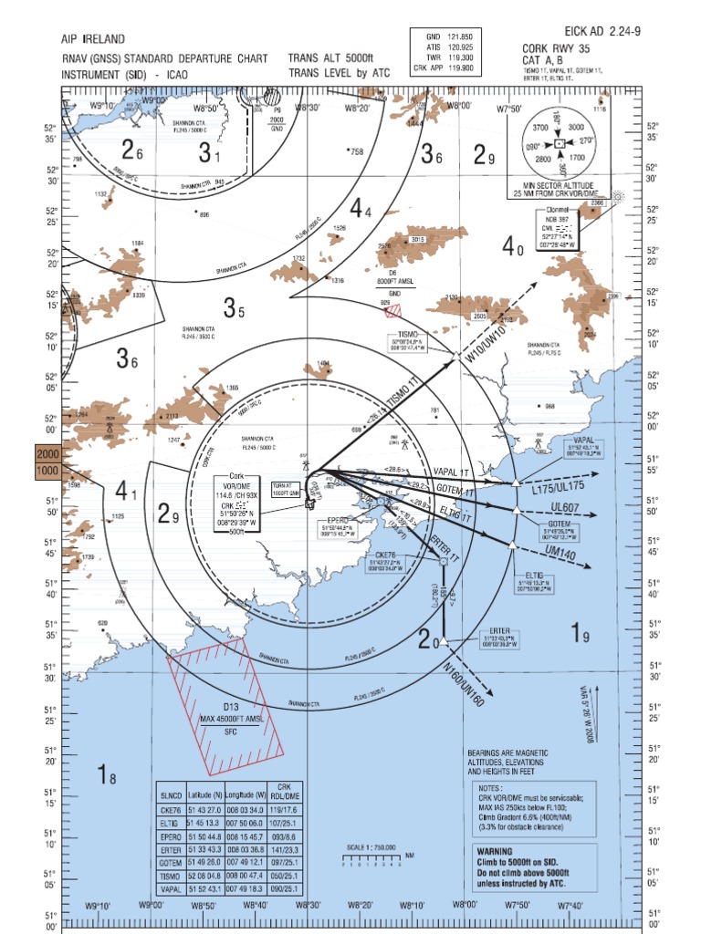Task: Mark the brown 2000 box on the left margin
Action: click(47, 454)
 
